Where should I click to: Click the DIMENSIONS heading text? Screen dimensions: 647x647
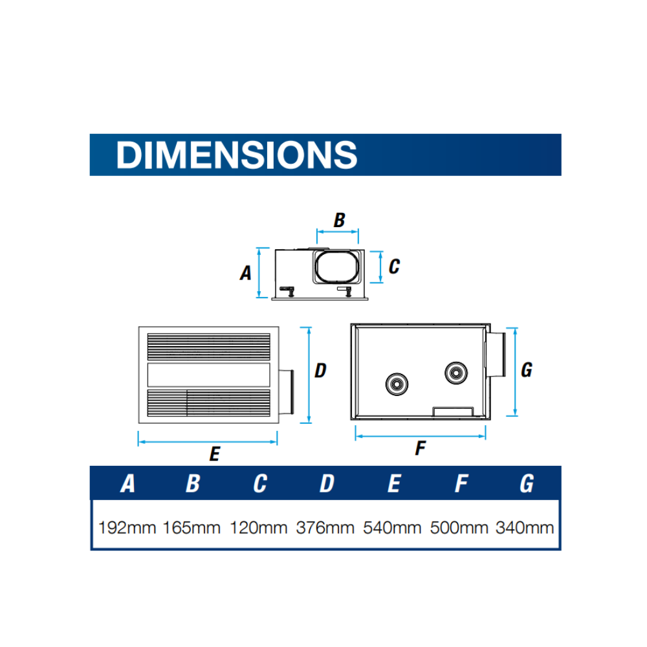coord(236,155)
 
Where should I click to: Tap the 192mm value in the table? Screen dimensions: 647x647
coord(127,528)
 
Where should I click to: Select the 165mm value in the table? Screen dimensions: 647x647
coord(192,528)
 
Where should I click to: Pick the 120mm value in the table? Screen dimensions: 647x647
coord(258,528)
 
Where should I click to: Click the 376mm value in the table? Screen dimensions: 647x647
coord(325,528)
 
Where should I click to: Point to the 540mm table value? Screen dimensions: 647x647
coord(392,528)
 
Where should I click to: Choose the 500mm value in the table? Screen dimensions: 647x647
coord(459,528)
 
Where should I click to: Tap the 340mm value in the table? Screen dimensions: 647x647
coord(525,528)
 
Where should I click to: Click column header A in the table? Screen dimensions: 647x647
coord(127,483)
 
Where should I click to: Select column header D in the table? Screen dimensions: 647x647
coord(327,483)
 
